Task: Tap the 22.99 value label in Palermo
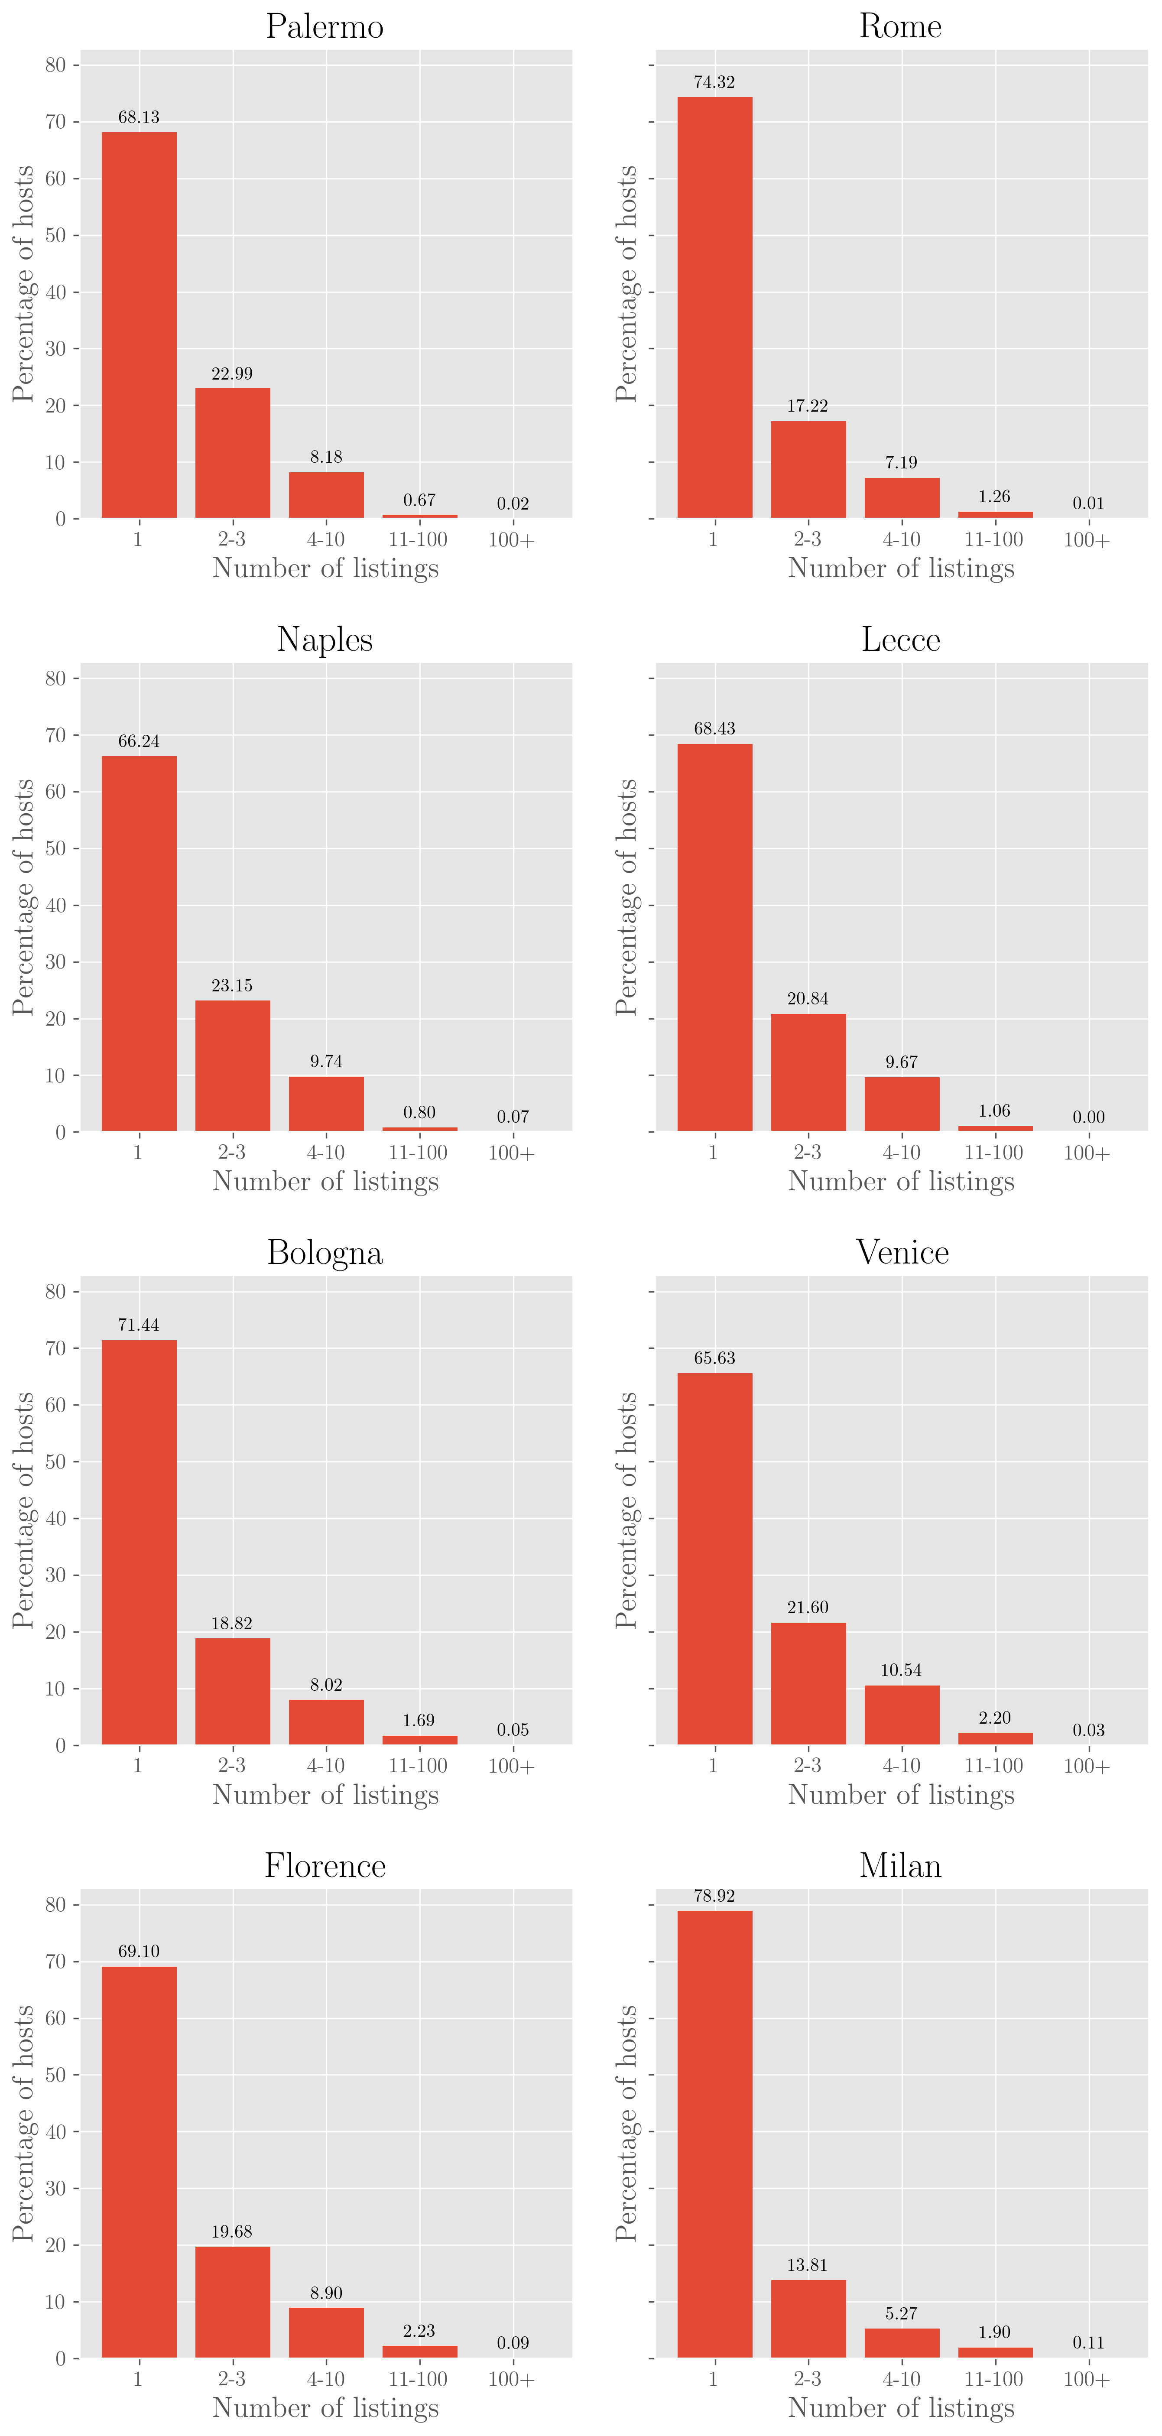[x=232, y=374]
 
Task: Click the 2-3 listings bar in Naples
[x=233, y=1066]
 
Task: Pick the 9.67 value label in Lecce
[x=901, y=1062]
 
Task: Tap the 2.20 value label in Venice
[x=995, y=1717]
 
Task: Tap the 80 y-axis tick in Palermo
[x=56, y=65]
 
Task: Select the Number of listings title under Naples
[x=325, y=1181]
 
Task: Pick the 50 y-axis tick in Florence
[x=56, y=2075]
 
